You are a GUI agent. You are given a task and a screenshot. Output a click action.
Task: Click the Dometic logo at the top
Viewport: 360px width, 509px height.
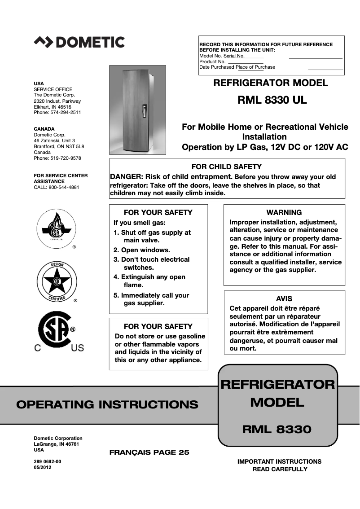pyautogui.click(x=79, y=42)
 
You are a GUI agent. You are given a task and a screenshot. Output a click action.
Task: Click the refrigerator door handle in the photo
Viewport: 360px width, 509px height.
pyautogui.click(x=144, y=111)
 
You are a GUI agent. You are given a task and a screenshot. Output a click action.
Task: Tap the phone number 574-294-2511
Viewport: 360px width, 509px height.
pyautogui.click(x=66, y=113)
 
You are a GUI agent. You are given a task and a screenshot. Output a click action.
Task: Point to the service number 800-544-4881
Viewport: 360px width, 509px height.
pyautogui.click(x=64, y=187)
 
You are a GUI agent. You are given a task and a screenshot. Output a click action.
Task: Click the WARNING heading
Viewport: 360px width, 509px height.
pyautogui.click(x=284, y=212)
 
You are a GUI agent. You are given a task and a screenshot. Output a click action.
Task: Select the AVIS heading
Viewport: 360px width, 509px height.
pyautogui.click(x=284, y=298)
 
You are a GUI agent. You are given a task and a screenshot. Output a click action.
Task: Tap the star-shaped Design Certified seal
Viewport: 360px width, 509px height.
pyautogui.click(x=57, y=281)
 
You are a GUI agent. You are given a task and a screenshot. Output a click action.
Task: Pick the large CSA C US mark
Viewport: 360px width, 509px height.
pyautogui.click(x=57, y=332)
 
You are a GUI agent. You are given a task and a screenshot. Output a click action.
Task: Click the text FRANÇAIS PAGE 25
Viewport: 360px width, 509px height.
pyautogui.click(x=149, y=452)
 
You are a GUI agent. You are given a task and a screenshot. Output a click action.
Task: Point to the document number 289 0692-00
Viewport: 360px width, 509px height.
pyautogui.click(x=48, y=461)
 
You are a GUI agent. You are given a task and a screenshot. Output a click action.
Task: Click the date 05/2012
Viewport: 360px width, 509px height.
pyautogui.click(x=43, y=467)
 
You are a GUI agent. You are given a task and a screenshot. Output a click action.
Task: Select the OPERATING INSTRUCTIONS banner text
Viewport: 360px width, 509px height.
pyautogui.click(x=107, y=404)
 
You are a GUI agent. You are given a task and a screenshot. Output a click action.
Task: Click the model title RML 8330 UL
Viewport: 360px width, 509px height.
pyautogui.click(x=272, y=100)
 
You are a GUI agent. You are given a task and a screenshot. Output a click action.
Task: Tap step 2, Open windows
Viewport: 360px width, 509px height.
pyautogui.click(x=141, y=250)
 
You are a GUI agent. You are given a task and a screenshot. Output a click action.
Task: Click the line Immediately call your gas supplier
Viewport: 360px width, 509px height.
pyautogui.click(x=151, y=299)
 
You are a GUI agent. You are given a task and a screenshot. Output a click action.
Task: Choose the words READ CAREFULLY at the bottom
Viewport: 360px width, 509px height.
pyautogui.click(x=280, y=469)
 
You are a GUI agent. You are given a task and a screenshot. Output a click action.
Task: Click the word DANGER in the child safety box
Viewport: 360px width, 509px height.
pyautogui.click(x=125, y=177)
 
